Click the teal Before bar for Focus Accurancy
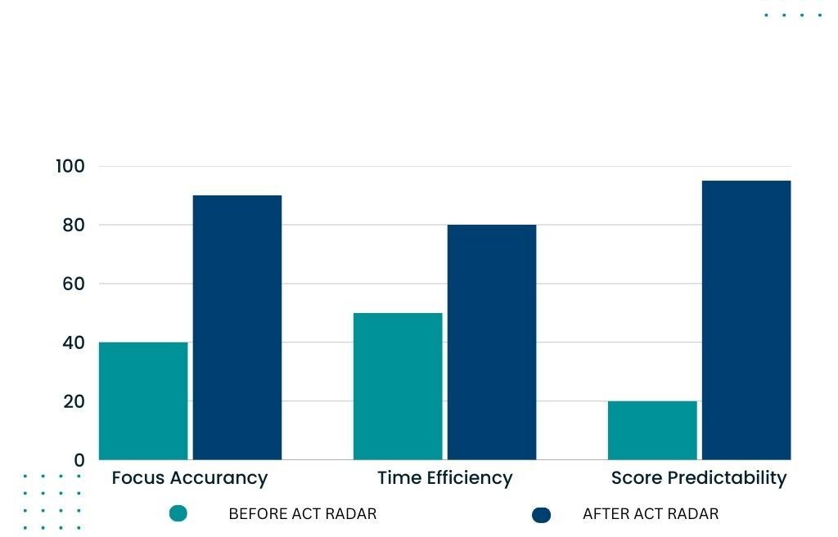tap(143, 401)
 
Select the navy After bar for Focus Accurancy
tap(237, 327)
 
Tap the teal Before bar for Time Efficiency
tap(398, 386)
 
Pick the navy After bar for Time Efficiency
tap(491, 342)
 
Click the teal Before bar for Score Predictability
tap(652, 430)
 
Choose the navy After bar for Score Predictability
tap(746, 320)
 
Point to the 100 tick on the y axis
tap(70, 166)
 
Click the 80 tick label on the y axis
tap(73, 225)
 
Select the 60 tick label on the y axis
tap(73, 284)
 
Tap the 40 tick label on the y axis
tap(73, 342)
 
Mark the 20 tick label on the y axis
tap(73, 401)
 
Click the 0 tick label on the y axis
tap(79, 460)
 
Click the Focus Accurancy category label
tap(190, 478)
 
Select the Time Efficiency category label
tap(444, 478)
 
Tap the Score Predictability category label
tap(699, 478)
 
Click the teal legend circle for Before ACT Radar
tap(178, 513)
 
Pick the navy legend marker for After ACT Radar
tap(541, 514)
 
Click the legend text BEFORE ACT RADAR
tap(303, 514)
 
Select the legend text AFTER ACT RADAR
tap(651, 514)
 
